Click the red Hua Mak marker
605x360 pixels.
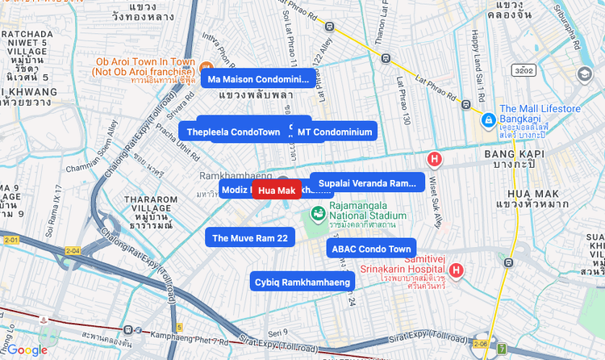pyautogui.click(x=277, y=190)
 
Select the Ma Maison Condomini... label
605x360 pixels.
pyautogui.click(x=258, y=79)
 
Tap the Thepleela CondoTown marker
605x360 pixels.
pyautogui.click(x=233, y=132)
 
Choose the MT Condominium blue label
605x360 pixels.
pyautogui.click(x=334, y=132)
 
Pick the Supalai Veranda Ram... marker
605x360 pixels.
pyautogui.click(x=367, y=183)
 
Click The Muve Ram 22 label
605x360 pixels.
pyautogui.click(x=250, y=237)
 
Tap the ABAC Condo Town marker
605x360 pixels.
pyautogui.click(x=372, y=249)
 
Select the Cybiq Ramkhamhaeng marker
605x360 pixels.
pyautogui.click(x=302, y=282)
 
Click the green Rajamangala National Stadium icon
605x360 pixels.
pyautogui.click(x=319, y=213)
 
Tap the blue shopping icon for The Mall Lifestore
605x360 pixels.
pyautogui.click(x=488, y=120)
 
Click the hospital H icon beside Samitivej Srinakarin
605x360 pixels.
pyautogui.click(x=457, y=270)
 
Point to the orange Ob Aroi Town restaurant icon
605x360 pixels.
pyautogui.click(x=207, y=67)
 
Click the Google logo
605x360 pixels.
pyautogui.click(x=27, y=350)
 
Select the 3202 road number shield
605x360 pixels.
pyautogui.click(x=523, y=71)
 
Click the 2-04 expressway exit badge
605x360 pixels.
pyautogui.click(x=73, y=251)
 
